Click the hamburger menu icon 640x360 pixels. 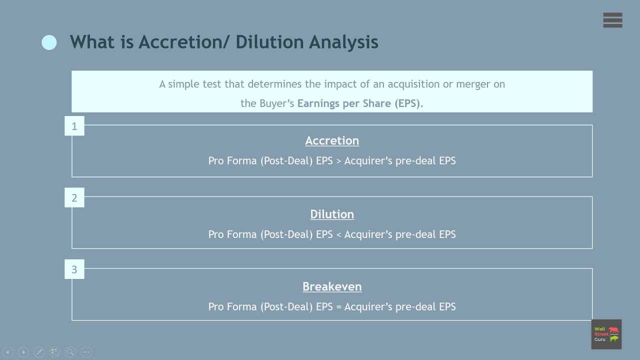(612, 20)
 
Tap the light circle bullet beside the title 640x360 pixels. (49, 42)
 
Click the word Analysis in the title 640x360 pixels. (343, 42)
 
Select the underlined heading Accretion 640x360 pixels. (332, 140)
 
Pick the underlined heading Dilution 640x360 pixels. (332, 214)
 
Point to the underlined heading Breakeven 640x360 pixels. (332, 286)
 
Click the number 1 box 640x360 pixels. (74, 126)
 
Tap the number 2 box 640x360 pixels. (74, 198)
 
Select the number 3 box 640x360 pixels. (74, 269)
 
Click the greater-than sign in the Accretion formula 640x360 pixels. (338, 161)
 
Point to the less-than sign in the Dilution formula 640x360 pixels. (338, 234)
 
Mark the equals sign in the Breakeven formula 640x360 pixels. (338, 307)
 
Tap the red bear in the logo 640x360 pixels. (613, 330)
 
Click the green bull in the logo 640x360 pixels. (613, 338)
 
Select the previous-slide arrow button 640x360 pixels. (8, 352)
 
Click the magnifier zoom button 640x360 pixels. (70, 352)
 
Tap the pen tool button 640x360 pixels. (39, 352)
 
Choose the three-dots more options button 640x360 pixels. (86, 352)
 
